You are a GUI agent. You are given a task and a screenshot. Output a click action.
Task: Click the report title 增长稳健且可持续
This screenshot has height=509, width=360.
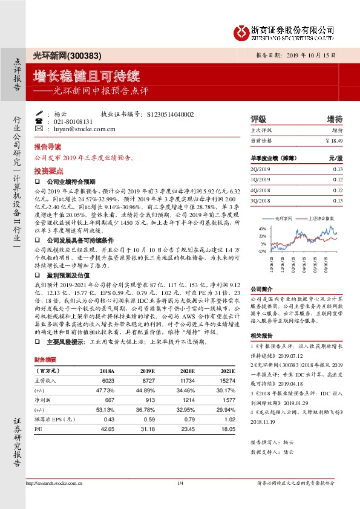pyautogui.click(x=87, y=77)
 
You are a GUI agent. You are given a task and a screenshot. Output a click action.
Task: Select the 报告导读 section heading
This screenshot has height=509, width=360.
pyautogui.click(x=47, y=147)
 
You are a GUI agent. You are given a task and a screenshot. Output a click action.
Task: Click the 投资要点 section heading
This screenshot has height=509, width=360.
pyautogui.click(x=47, y=171)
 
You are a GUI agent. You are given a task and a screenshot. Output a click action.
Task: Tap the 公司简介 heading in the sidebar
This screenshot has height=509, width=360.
pyautogui.click(x=262, y=290)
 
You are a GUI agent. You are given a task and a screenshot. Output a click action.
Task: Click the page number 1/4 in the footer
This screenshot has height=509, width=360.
pyautogui.click(x=180, y=482)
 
